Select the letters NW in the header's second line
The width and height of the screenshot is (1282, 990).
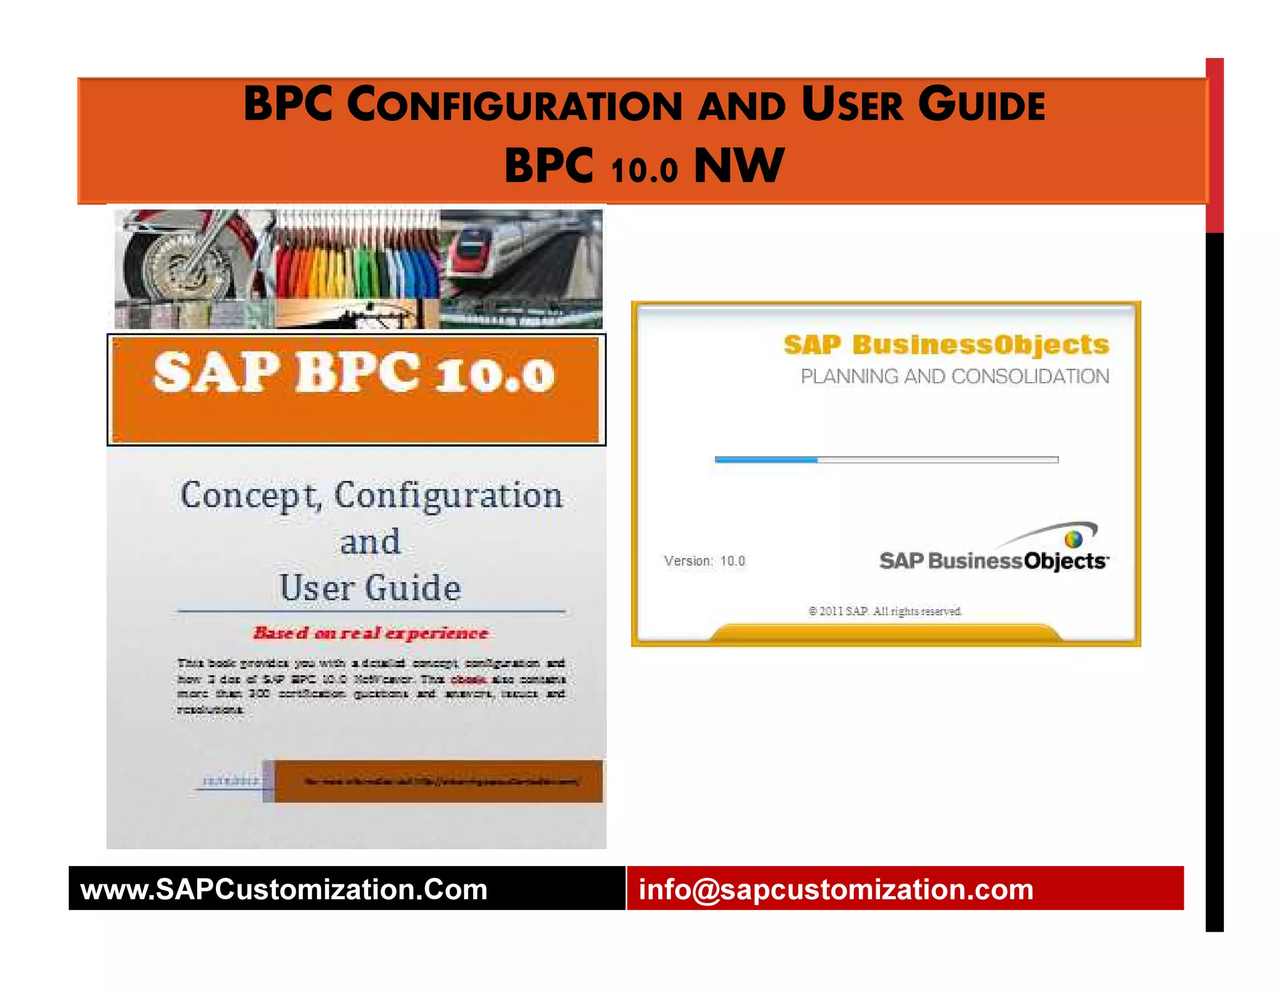point(739,166)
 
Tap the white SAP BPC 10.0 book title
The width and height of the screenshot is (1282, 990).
point(354,373)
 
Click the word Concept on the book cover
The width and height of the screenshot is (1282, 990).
point(249,496)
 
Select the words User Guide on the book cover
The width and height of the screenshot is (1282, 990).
point(370,588)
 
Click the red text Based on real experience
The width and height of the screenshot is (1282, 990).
point(371,633)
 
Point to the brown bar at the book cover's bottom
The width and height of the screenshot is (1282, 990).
point(438,781)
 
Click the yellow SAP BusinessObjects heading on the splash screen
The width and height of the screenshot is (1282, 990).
point(946,345)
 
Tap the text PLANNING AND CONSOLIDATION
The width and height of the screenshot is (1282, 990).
point(955,377)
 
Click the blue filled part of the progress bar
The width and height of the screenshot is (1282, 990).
point(766,459)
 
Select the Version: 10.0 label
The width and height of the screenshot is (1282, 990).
point(704,561)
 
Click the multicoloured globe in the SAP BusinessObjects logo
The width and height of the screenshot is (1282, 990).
point(1073,539)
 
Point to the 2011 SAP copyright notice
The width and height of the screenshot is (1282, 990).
point(885,611)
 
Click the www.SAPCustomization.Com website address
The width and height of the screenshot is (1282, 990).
point(284,889)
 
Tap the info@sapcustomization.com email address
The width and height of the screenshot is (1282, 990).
point(836,889)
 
